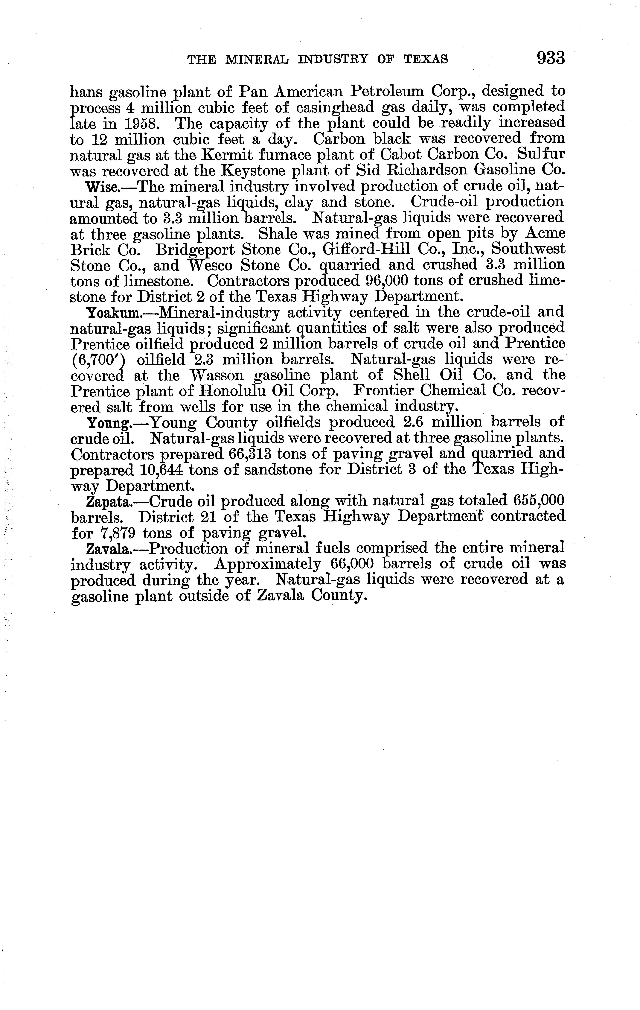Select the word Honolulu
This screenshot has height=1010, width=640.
click(x=231, y=391)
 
